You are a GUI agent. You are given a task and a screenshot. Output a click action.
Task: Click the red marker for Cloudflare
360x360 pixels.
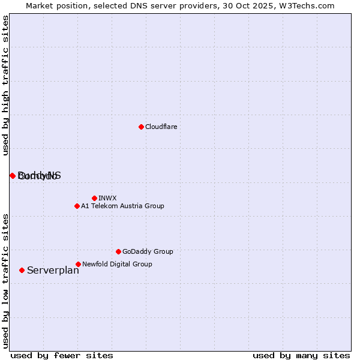(x=141, y=127)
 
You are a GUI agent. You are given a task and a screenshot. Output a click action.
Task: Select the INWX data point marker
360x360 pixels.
(x=94, y=198)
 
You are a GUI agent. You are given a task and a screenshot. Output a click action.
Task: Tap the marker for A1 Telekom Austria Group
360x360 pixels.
(x=77, y=206)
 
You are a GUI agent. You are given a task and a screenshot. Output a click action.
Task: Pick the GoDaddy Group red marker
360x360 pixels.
(x=118, y=251)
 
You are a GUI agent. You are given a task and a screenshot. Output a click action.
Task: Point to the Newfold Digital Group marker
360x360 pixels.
(x=78, y=264)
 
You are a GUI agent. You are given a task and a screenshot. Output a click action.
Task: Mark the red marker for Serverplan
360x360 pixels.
(x=22, y=270)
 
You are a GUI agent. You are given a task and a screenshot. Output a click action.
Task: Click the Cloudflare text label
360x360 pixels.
(x=161, y=127)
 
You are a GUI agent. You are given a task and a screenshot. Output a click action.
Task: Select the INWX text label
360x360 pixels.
(x=107, y=198)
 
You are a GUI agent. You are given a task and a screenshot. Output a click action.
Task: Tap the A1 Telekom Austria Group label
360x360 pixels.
(x=122, y=206)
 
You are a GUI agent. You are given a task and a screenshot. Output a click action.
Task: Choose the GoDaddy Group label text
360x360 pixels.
(x=148, y=251)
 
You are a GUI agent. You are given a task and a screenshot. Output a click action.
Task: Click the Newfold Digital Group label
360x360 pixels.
(x=117, y=264)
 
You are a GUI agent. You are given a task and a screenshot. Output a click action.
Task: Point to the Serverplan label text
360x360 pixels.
(x=53, y=270)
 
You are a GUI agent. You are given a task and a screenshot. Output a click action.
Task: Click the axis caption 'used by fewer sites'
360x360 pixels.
(x=62, y=355)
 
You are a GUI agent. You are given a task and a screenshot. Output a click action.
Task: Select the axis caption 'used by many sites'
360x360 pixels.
(x=301, y=355)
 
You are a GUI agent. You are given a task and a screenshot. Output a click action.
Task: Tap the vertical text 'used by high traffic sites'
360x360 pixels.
(x=5, y=85)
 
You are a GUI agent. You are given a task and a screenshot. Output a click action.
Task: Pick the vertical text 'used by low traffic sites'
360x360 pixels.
(x=5, y=281)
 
